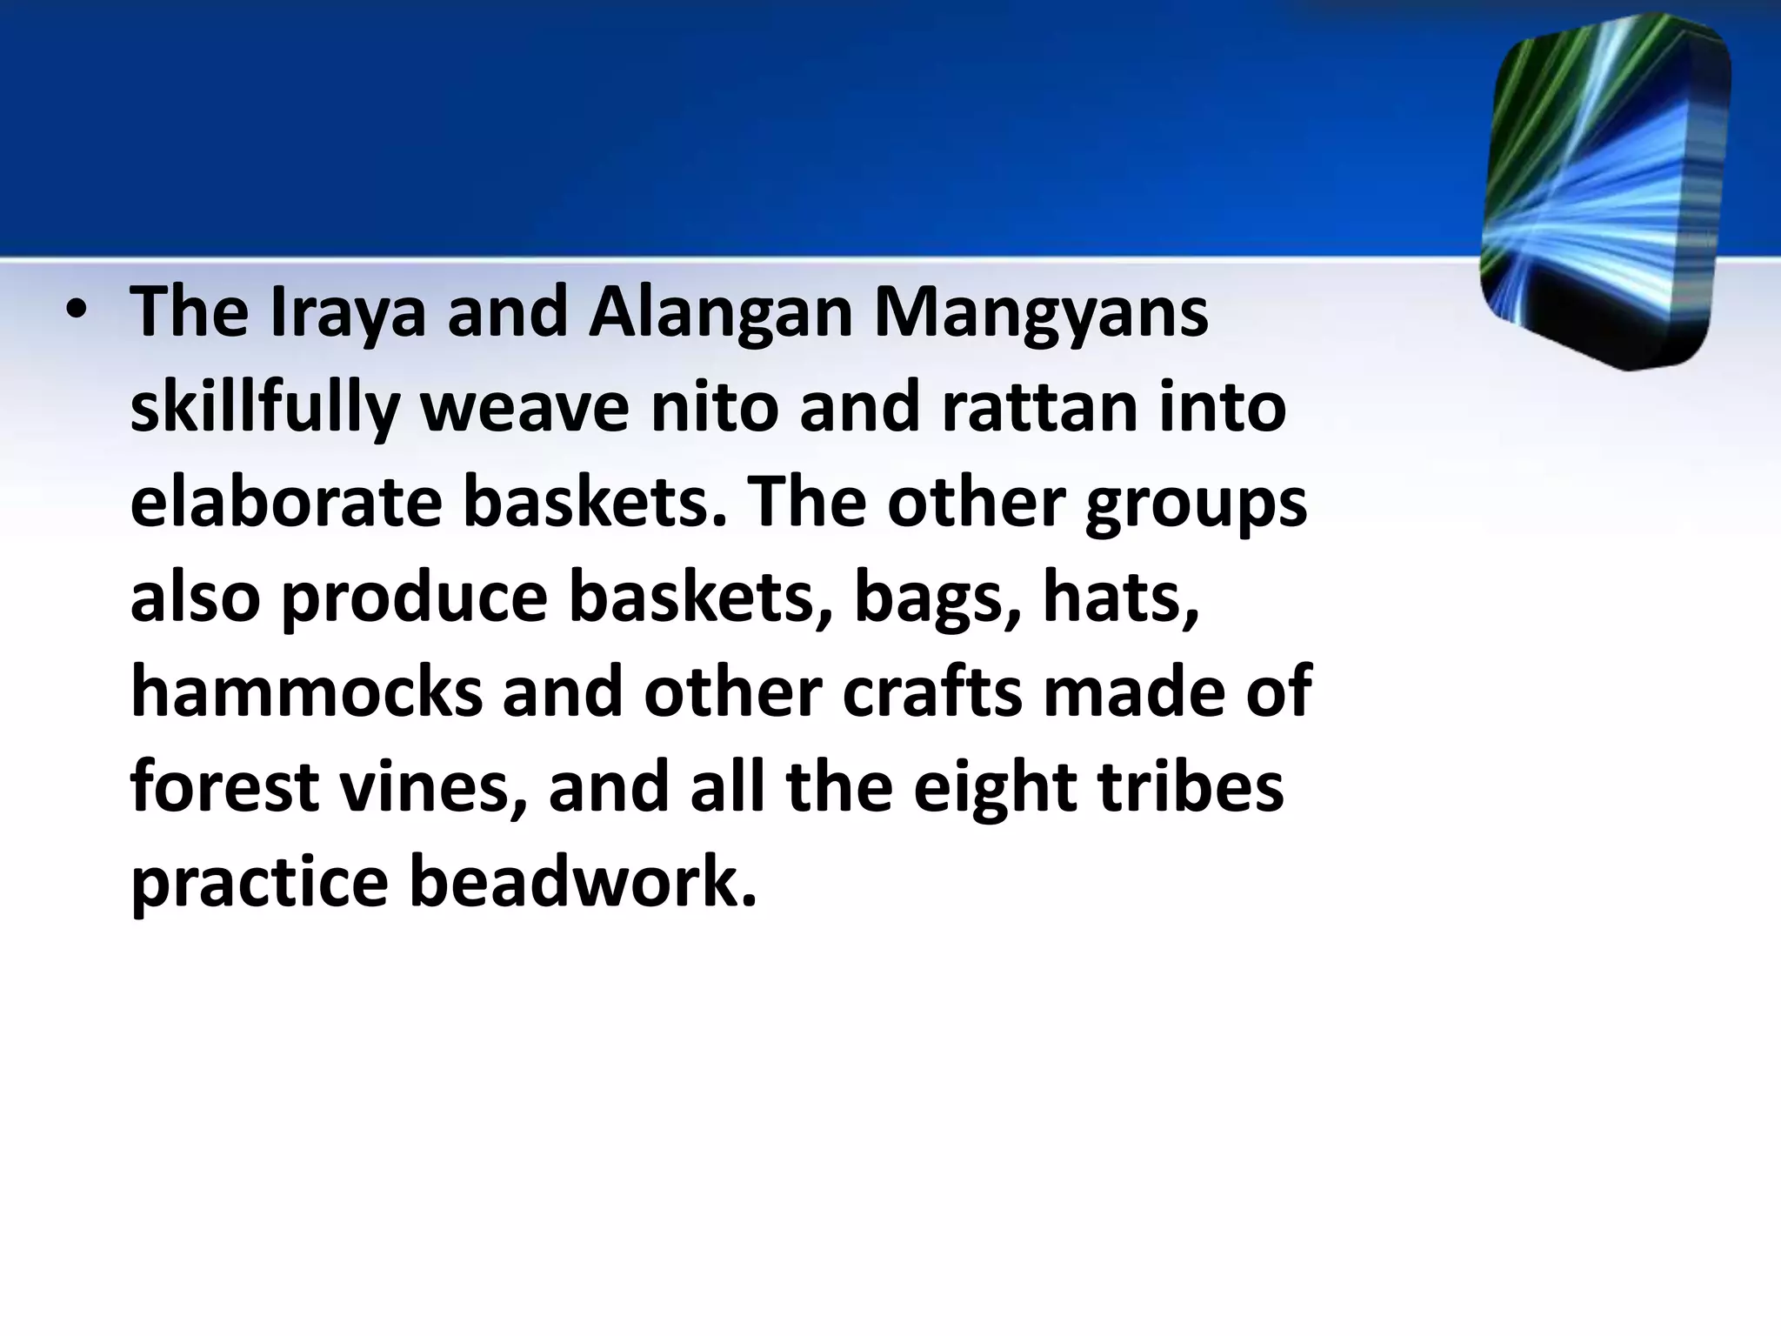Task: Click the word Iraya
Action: click(x=348, y=313)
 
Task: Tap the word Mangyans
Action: click(x=1040, y=313)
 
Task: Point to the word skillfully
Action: click(x=264, y=409)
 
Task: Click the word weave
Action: click(x=524, y=409)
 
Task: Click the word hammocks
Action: click(x=306, y=693)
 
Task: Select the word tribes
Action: click(x=1191, y=788)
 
